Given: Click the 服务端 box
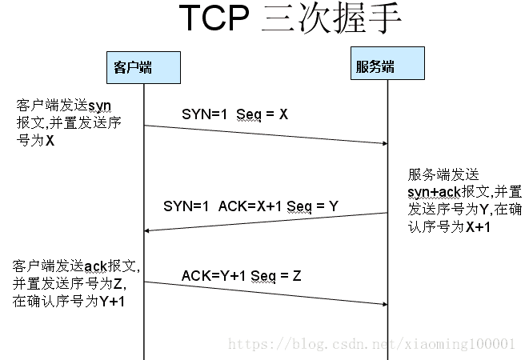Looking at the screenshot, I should (375, 66).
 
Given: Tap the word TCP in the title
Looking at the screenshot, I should (213, 20).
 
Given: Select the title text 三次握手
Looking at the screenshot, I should (331, 20).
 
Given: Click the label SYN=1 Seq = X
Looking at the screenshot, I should (234, 114).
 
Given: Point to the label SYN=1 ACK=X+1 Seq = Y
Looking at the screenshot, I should (250, 206).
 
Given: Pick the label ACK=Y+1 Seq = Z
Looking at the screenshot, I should (241, 276).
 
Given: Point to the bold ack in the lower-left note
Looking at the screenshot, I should (94, 266).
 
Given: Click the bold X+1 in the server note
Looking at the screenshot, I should (476, 227).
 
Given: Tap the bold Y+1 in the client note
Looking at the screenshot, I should (112, 301).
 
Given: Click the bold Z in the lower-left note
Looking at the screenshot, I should (119, 283).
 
